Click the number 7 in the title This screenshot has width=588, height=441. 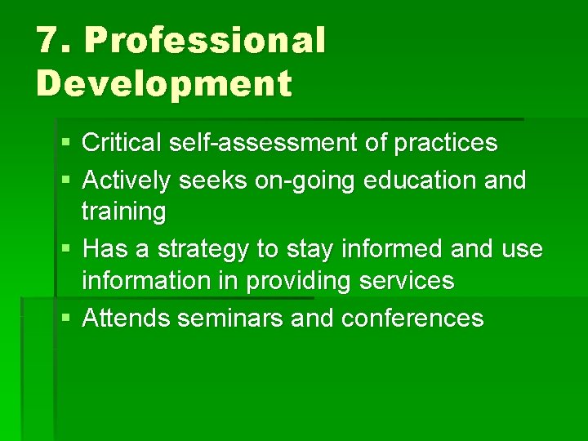click(48, 42)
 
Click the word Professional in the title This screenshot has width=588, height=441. click(205, 42)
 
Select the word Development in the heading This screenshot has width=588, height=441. click(163, 83)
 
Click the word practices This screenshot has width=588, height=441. click(445, 144)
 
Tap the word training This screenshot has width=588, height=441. click(123, 212)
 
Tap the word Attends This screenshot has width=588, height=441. click(127, 318)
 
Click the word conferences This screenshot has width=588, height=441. click(412, 318)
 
